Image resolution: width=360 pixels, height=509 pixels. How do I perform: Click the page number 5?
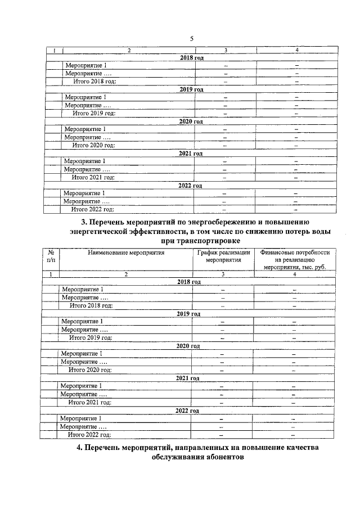(191, 38)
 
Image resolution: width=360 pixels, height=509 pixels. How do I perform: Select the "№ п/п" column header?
(51, 257)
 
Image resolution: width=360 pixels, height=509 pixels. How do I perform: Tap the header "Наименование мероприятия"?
(126, 253)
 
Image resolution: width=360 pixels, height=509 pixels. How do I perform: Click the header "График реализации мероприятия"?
(223, 257)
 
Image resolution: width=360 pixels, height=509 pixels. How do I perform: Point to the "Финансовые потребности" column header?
(295, 253)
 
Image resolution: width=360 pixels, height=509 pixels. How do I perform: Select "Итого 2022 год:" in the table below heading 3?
(89, 435)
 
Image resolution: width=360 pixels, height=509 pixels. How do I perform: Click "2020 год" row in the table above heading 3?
(191, 121)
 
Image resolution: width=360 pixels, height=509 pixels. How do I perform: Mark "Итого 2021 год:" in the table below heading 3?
(90, 403)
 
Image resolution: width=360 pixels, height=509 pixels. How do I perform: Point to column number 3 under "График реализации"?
(223, 274)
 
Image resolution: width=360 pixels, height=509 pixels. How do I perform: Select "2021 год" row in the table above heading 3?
(190, 154)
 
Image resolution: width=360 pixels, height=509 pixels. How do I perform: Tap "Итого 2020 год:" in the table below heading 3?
(90, 370)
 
